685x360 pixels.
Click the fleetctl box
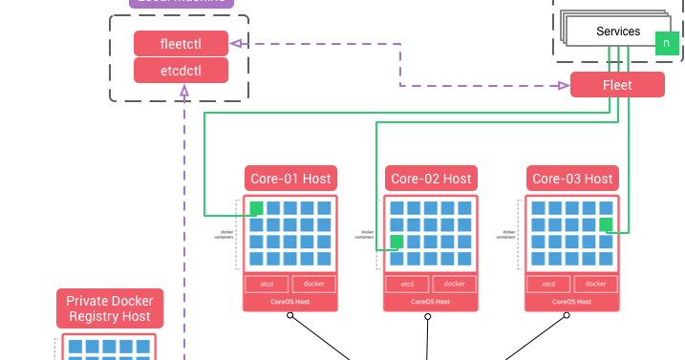click(x=181, y=44)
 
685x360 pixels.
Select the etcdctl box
click(x=181, y=70)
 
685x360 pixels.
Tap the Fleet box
click(x=617, y=85)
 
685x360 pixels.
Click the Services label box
click(x=618, y=32)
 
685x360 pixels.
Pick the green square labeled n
click(x=667, y=43)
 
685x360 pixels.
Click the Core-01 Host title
click(x=290, y=179)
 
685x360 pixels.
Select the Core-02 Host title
click(x=431, y=179)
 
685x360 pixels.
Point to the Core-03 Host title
click(x=572, y=179)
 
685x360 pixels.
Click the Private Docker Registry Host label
click(x=110, y=308)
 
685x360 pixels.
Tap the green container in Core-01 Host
click(x=256, y=208)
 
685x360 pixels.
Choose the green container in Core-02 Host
click(x=397, y=242)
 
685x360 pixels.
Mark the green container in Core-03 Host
click(x=606, y=225)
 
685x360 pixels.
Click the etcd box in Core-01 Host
click(x=267, y=284)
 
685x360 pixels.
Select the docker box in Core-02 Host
click(x=455, y=284)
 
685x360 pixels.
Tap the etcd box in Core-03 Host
click(x=549, y=284)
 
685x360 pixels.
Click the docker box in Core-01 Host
click(x=313, y=284)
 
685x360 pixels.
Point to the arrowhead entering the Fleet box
click(x=565, y=85)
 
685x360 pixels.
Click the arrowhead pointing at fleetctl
click(x=234, y=44)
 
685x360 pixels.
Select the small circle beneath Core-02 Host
click(x=431, y=315)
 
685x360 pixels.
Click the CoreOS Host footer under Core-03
click(x=572, y=301)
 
